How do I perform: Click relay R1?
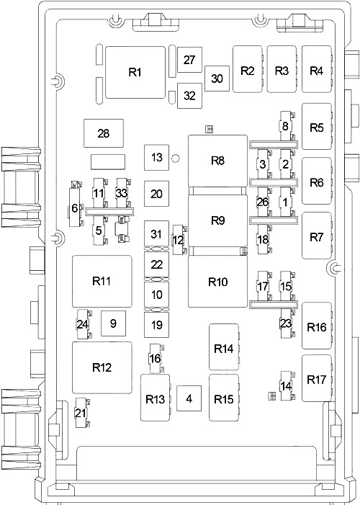pos(135,72)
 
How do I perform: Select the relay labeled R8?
pos(217,161)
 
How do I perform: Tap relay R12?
pos(102,367)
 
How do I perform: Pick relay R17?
pos(317,378)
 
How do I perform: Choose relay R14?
pos(224,347)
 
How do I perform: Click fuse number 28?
pos(104,133)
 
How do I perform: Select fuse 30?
pos(217,79)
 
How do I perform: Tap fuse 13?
pos(156,158)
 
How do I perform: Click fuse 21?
pos(81,413)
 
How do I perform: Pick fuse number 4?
pos(189,398)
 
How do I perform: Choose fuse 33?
pos(122,193)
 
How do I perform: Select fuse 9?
pos(113,323)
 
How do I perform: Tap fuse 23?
pos(287,323)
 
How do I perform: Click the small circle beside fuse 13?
pos(176,158)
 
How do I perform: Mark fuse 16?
pos(156,358)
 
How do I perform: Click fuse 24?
pos(84,324)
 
